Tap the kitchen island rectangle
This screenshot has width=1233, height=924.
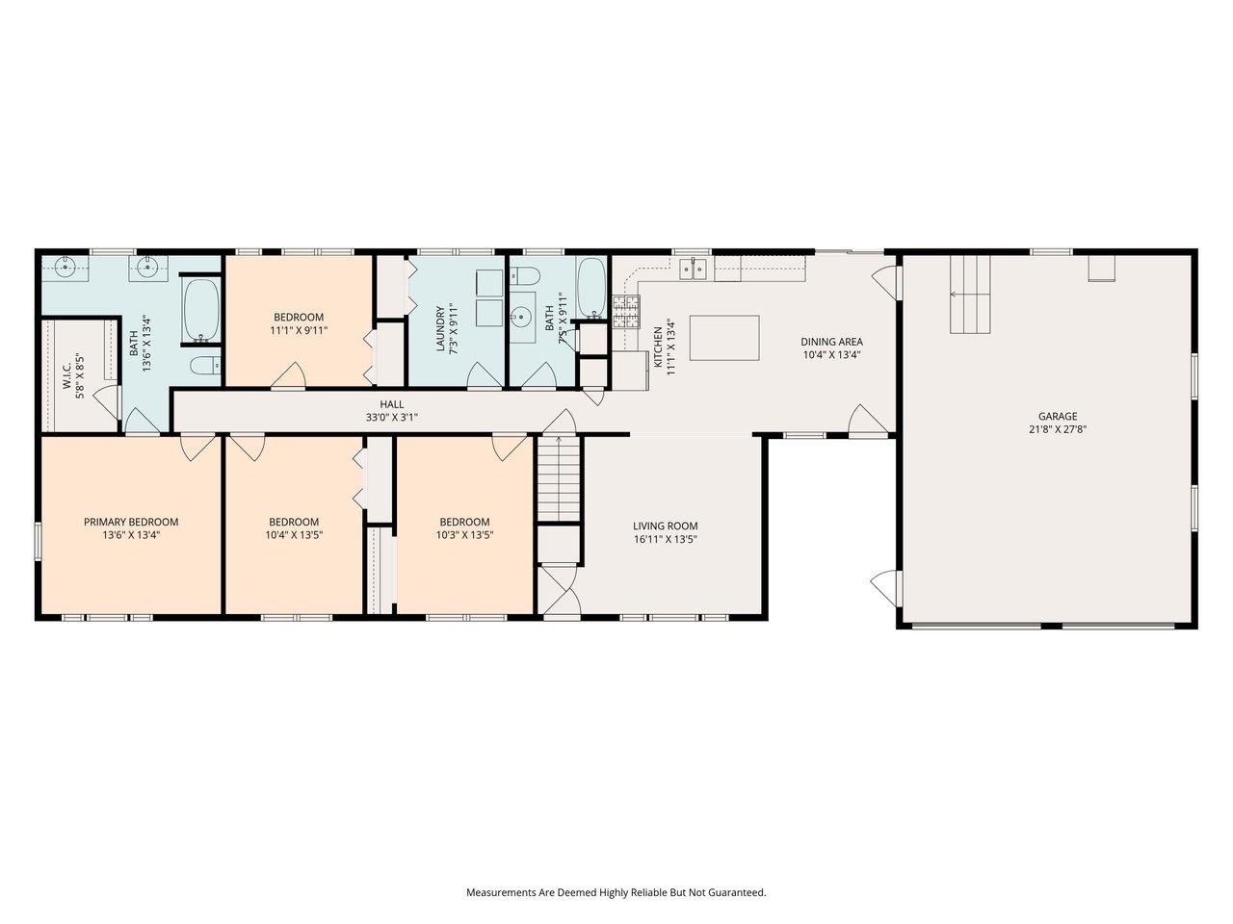pos(723,338)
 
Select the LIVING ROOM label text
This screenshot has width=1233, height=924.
pos(665,526)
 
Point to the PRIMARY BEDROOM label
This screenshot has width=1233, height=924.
pos(131,522)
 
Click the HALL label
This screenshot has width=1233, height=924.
pos(391,404)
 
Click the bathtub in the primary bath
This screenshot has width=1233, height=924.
pos(201,311)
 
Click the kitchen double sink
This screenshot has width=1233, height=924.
pos(692,269)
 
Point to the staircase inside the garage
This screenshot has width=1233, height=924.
pos(970,295)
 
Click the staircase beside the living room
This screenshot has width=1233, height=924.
pos(558,478)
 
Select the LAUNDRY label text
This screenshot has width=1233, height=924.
pos(440,329)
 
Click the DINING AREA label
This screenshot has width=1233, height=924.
pos(832,341)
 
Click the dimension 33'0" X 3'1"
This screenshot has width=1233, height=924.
pos(391,418)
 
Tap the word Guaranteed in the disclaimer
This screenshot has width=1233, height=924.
pos(736,892)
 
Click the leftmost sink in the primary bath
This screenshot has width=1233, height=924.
pos(66,268)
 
